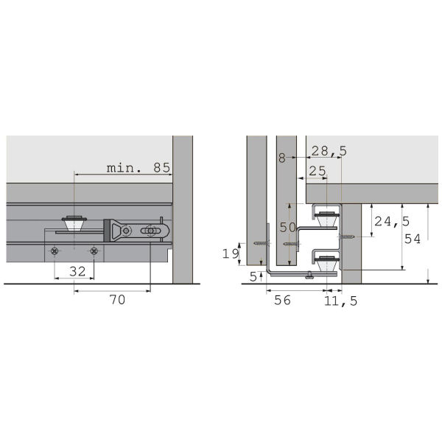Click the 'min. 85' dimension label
[x=138, y=168]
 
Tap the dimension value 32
[x=77, y=271]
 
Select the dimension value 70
[x=117, y=300]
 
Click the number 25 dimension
[x=318, y=171]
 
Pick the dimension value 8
[x=282, y=158]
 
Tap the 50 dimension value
[x=287, y=227]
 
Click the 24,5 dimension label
[x=392, y=222]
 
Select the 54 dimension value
[x=413, y=239]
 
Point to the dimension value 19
[x=231, y=253]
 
